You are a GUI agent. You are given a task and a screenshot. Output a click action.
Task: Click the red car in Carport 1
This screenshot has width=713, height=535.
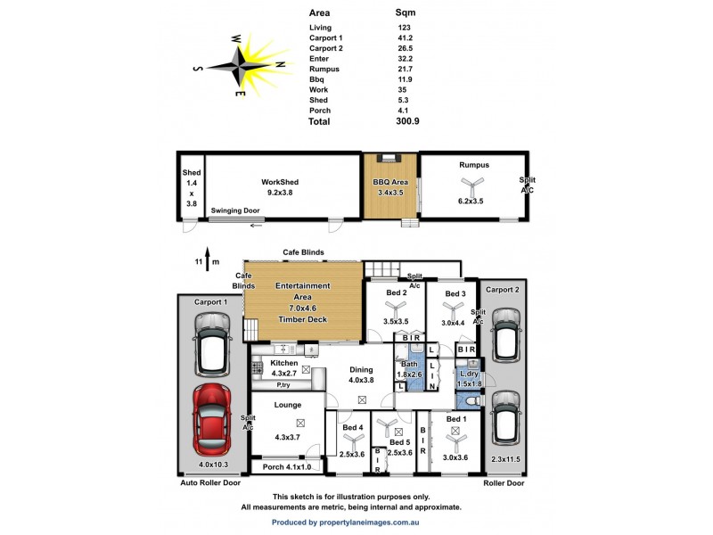(212, 420)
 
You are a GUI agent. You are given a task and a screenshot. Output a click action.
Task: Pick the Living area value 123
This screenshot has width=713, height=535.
(405, 29)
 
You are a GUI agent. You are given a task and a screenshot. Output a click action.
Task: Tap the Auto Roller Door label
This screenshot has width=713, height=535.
(210, 482)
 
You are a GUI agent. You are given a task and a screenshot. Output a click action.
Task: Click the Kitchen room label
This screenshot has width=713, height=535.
(283, 363)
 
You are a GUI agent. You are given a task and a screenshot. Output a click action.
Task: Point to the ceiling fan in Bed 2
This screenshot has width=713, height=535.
(395, 310)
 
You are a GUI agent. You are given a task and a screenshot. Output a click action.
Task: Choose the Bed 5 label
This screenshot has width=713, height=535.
(400, 443)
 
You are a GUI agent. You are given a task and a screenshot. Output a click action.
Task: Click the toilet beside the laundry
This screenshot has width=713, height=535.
(473, 402)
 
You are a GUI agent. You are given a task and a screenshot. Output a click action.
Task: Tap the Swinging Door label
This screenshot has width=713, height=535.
(235, 210)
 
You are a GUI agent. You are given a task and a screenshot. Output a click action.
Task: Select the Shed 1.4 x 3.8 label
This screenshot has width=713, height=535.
(190, 187)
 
